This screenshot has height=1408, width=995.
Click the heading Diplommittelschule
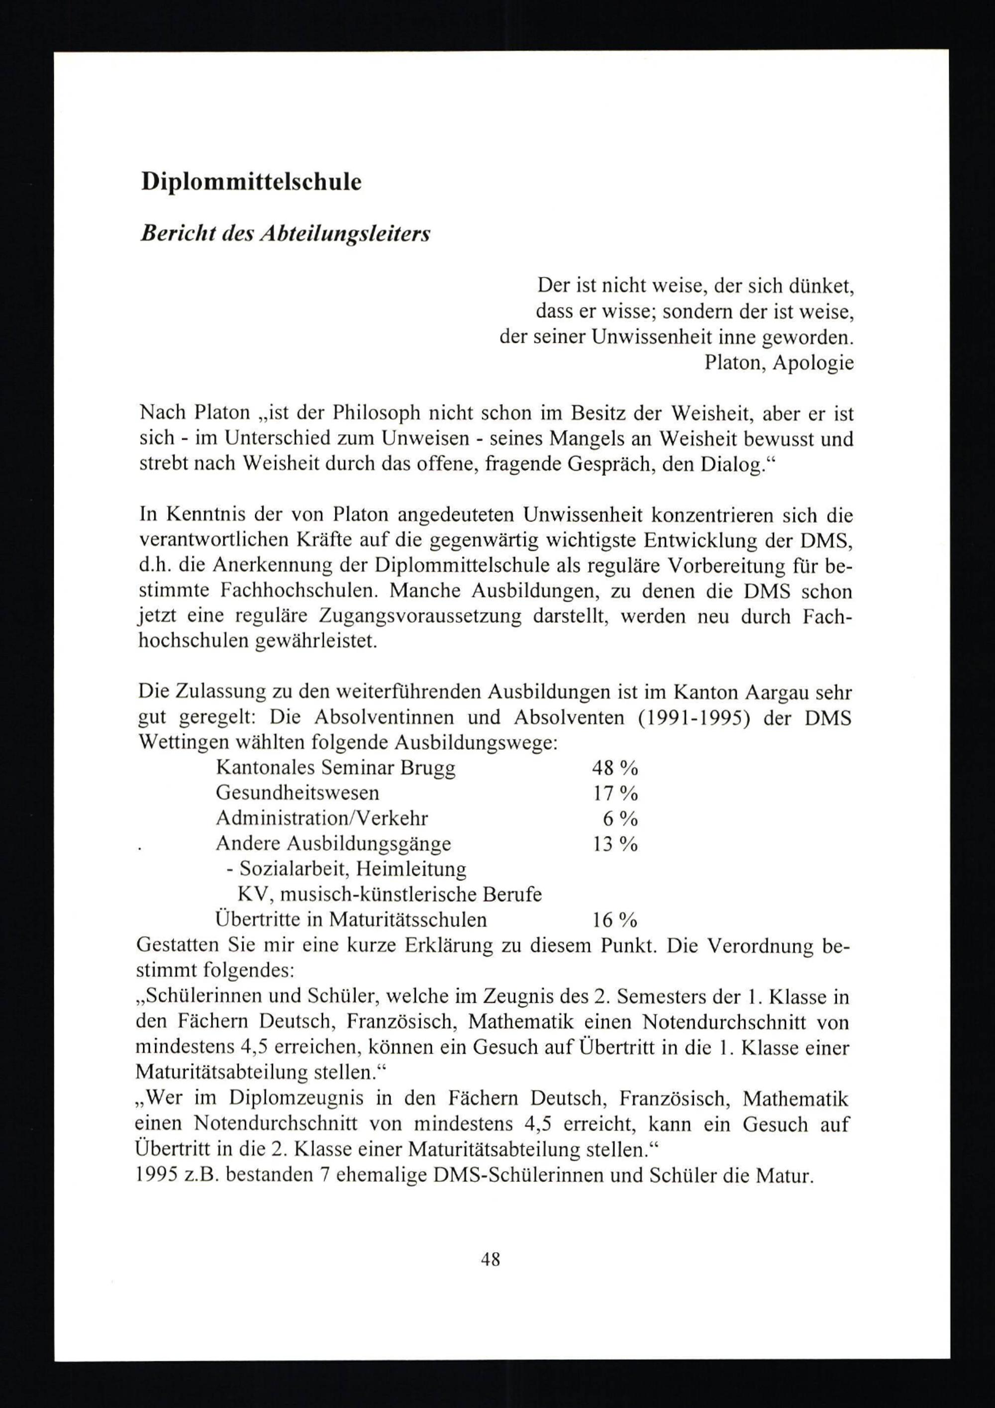click(251, 183)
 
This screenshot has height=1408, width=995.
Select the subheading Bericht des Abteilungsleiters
click(285, 234)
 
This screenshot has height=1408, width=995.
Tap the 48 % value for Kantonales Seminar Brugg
click(615, 768)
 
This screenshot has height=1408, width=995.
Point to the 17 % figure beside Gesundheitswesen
click(615, 794)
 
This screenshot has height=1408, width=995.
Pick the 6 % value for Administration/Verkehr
click(620, 818)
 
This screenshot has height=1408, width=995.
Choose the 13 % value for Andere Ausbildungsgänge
click(615, 844)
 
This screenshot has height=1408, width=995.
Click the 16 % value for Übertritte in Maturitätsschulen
click(615, 920)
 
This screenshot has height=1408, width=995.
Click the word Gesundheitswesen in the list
click(298, 794)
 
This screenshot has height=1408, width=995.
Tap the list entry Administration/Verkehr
click(322, 818)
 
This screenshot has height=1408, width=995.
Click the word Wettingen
click(179, 743)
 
